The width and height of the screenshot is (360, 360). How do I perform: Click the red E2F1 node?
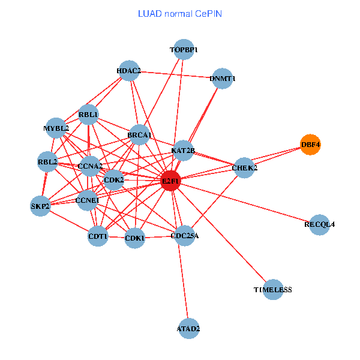(x=170, y=181)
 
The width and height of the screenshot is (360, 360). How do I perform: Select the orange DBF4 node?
(x=310, y=145)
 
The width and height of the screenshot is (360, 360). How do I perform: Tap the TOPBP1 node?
(x=184, y=50)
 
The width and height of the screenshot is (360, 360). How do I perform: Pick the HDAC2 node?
(x=128, y=71)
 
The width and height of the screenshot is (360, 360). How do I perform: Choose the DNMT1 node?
(x=223, y=79)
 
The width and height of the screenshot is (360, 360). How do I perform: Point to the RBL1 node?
(x=88, y=115)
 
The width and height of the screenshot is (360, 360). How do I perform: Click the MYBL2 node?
(x=56, y=128)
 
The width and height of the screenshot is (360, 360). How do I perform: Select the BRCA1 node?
(x=139, y=136)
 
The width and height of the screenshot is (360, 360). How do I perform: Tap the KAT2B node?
(x=183, y=150)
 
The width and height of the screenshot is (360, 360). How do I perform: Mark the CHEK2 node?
(x=244, y=168)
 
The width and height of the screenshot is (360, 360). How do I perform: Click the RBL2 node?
(x=47, y=162)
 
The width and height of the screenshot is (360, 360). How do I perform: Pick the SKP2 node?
(x=40, y=206)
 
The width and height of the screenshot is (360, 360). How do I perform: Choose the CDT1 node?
(x=98, y=236)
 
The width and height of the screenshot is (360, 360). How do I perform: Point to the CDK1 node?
(x=134, y=238)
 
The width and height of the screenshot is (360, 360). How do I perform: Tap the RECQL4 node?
(x=319, y=224)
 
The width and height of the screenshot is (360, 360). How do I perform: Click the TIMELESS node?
(x=272, y=290)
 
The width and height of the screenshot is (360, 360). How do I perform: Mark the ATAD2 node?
(x=188, y=328)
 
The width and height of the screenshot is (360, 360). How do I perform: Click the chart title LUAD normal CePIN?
(x=179, y=13)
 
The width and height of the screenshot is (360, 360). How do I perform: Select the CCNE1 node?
(x=87, y=200)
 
